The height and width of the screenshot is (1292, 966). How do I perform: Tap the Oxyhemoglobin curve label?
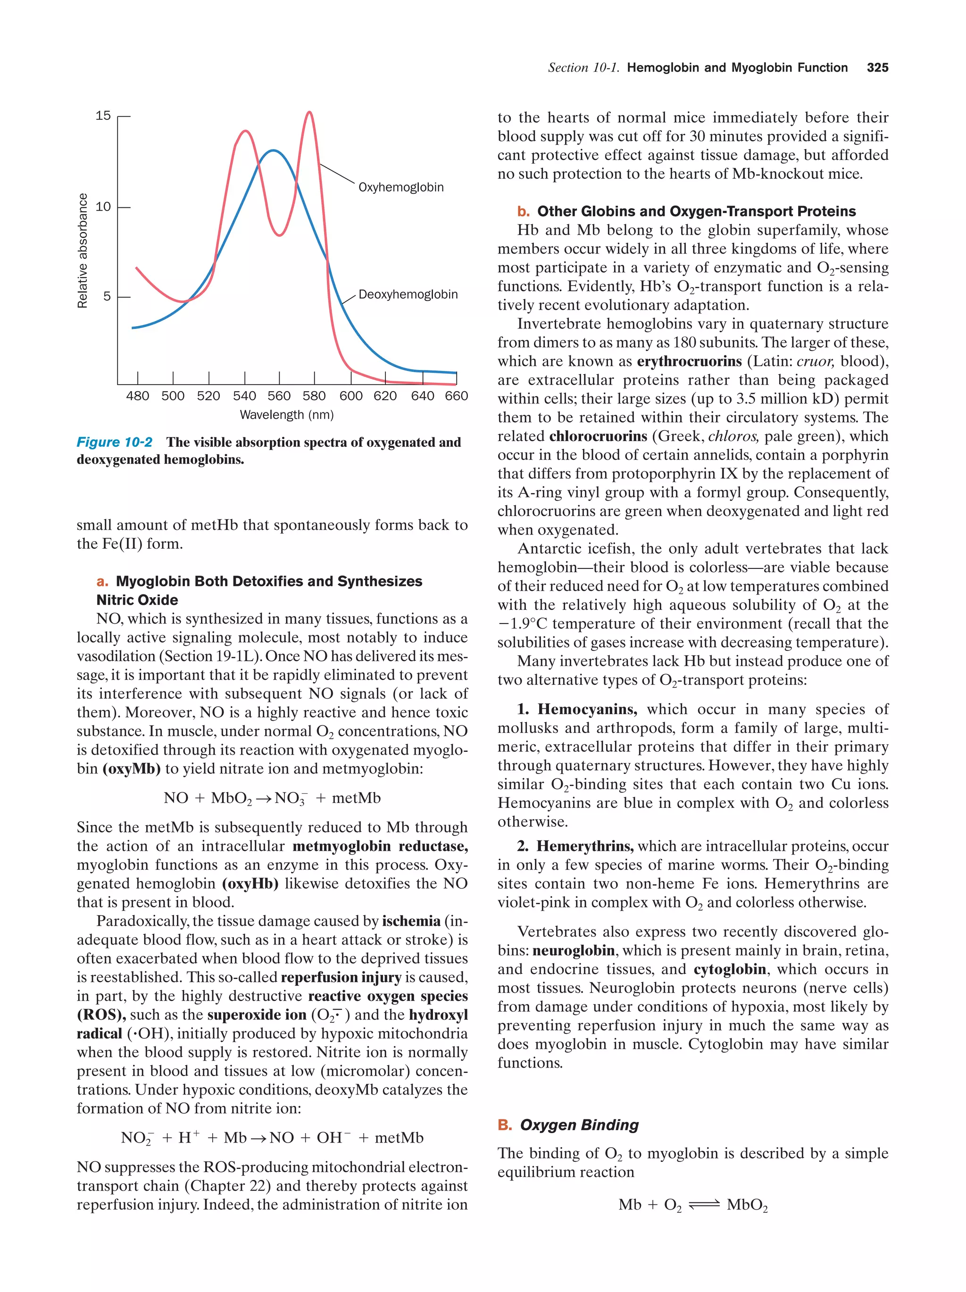click(x=400, y=188)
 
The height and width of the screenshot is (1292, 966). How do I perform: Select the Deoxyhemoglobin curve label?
click(x=408, y=295)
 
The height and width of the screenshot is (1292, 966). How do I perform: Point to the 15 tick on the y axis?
click(x=103, y=115)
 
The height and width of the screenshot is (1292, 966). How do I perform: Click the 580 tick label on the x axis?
click(x=314, y=396)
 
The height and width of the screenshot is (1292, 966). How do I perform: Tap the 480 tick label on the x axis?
click(x=137, y=396)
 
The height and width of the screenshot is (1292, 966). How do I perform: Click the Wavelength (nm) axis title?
click(x=286, y=415)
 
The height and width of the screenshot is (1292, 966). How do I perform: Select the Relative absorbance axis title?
click(x=83, y=251)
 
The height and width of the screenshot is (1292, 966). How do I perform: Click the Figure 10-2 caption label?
click(x=115, y=442)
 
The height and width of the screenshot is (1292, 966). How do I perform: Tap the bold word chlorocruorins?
click(x=597, y=436)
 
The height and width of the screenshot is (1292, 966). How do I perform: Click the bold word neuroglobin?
click(x=573, y=950)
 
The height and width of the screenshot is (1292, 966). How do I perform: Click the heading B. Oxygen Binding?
click(x=568, y=1125)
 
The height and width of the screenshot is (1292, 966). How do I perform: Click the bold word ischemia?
click(x=411, y=921)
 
